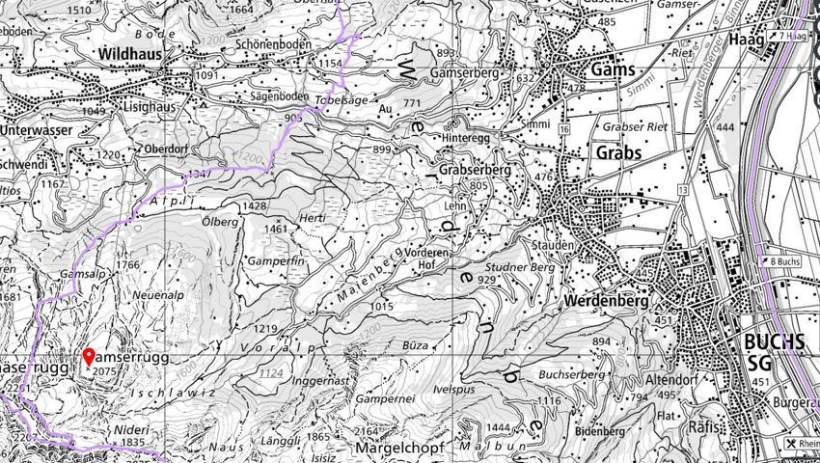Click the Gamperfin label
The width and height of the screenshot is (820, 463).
278,262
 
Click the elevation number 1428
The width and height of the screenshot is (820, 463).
255,206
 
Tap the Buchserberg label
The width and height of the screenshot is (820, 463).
570,373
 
